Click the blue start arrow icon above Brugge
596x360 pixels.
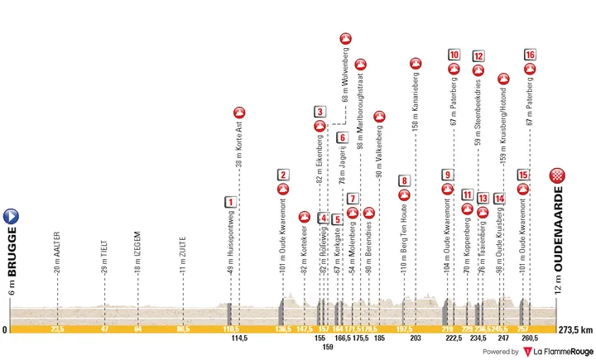point(13,217)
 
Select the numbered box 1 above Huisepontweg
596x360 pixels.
point(229,201)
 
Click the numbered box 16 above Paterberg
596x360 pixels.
point(530,55)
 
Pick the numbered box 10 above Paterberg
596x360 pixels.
point(454,55)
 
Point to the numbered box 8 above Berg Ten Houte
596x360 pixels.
point(403,180)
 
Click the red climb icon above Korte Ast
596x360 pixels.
point(239,113)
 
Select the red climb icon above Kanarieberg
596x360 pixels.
point(416,63)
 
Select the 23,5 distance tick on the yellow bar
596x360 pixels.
point(57,329)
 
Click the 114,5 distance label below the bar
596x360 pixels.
point(240,339)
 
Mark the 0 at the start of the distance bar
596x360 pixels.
point(5,329)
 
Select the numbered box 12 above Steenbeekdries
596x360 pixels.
point(478,55)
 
